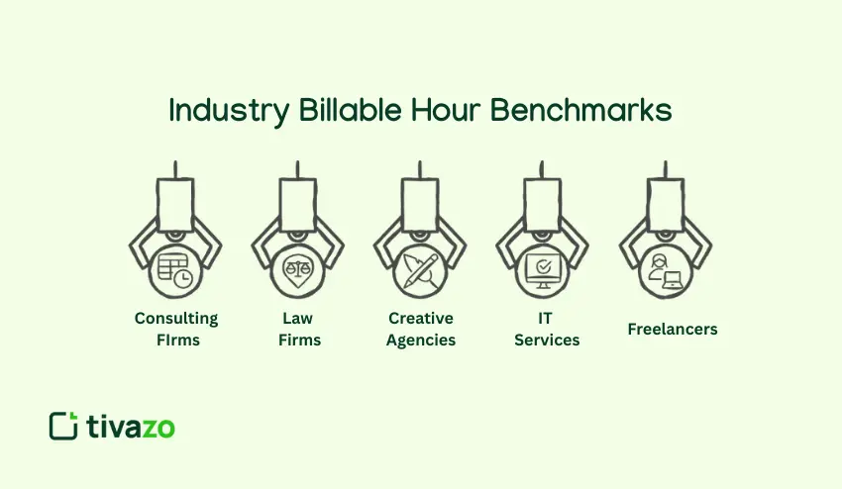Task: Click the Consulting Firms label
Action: pos(176,329)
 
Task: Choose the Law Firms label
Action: pos(299,329)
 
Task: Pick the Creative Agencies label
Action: pos(422,329)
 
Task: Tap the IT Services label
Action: pos(546,329)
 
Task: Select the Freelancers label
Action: pos(673,329)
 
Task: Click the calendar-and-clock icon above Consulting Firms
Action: pos(176,269)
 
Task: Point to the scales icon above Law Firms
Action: pos(299,268)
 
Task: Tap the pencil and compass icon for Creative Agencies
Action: pos(422,268)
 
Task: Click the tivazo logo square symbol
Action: pos(63,426)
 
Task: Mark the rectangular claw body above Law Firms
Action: pos(299,203)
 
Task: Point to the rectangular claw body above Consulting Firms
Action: pos(176,203)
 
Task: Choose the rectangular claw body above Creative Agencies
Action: pos(422,203)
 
